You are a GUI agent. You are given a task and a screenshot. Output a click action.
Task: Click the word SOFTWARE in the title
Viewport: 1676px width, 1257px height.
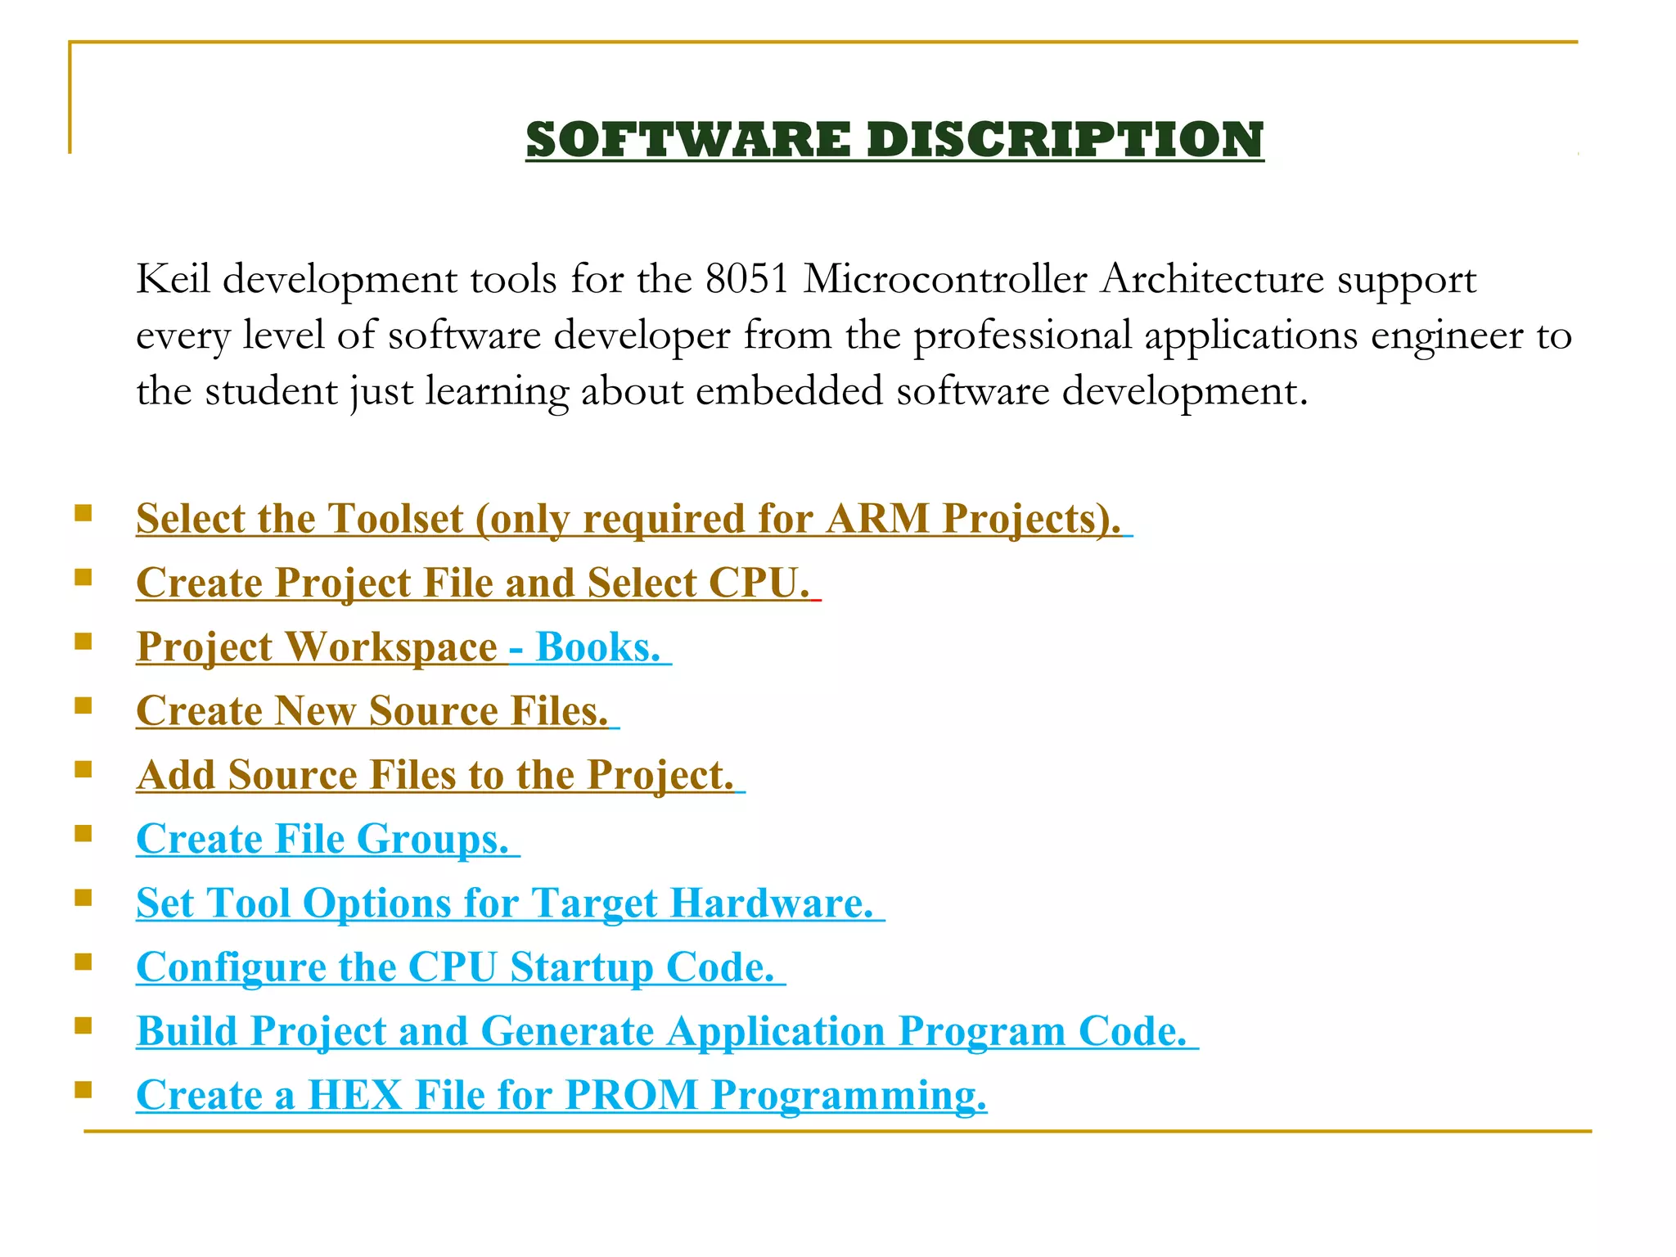point(688,139)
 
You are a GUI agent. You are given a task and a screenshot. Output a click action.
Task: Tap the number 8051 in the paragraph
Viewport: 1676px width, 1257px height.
point(747,280)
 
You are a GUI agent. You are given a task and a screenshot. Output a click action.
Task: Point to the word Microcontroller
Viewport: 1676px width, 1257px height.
point(945,280)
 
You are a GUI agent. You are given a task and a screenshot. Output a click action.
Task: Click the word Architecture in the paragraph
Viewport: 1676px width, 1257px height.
point(1212,280)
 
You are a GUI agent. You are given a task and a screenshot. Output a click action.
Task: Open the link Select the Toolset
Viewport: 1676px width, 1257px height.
point(300,519)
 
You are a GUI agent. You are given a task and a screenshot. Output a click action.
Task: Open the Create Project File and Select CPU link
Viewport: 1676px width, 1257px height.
point(472,583)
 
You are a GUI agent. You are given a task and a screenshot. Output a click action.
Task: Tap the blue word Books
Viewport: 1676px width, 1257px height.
point(597,647)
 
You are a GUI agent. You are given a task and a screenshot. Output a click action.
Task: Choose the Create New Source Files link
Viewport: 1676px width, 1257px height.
point(372,711)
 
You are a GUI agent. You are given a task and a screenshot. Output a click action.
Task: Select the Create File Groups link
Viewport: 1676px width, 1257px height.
point(322,840)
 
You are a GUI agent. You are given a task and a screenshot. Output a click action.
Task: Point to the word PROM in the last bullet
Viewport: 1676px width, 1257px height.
point(630,1095)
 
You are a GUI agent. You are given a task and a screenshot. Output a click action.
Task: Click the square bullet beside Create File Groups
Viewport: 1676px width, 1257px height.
point(83,834)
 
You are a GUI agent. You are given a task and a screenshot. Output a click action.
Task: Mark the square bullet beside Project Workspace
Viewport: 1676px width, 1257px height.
point(83,642)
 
